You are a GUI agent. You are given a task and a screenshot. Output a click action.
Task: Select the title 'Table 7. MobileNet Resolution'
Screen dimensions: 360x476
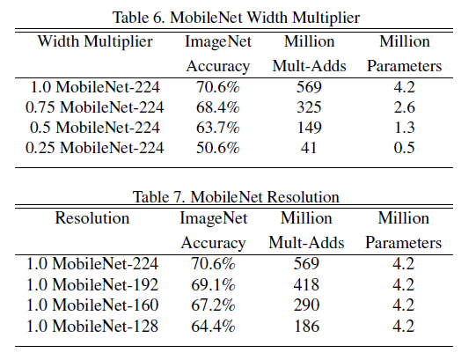point(237,196)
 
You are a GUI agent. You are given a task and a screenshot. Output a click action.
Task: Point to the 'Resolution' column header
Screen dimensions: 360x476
point(92,217)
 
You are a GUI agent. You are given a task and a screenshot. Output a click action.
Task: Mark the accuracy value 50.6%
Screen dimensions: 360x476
point(217,147)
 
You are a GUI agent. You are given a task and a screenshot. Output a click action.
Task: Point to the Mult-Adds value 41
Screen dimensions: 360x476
point(315,147)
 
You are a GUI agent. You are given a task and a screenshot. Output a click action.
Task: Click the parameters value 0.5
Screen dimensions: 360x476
point(404,147)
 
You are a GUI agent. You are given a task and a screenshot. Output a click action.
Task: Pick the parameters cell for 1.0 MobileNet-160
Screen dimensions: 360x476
point(404,305)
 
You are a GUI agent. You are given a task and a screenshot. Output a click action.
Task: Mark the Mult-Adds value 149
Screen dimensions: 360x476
point(315,128)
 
